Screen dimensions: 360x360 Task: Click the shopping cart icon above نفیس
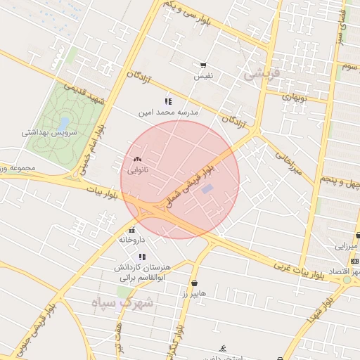point(204,65)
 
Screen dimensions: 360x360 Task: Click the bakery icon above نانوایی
point(137,160)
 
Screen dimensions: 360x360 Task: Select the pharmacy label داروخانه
point(131,240)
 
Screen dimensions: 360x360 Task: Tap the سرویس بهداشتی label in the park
point(49,131)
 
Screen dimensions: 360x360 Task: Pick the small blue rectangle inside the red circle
point(207,188)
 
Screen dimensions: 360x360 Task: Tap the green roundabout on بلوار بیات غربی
point(347,279)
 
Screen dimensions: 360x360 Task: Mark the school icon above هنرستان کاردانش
point(142,257)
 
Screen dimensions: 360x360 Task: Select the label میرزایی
point(346,246)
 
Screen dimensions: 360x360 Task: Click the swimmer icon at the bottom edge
point(224,349)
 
